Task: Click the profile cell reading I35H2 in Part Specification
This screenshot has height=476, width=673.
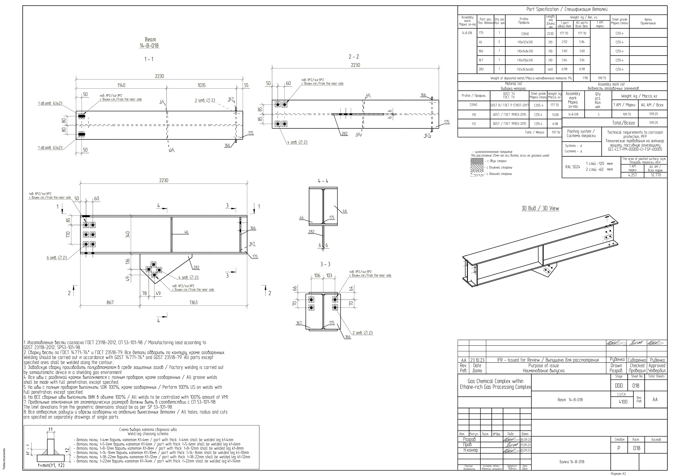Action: click(x=525, y=34)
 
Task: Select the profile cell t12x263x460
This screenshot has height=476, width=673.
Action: click(x=525, y=70)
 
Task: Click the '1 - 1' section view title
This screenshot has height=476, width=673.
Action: click(x=149, y=59)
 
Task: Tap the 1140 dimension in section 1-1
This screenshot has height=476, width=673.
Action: click(x=121, y=85)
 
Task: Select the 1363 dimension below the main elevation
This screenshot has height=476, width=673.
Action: click(x=193, y=302)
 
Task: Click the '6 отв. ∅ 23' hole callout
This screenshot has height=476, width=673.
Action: click(x=57, y=258)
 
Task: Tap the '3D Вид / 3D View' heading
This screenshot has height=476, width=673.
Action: click(x=540, y=209)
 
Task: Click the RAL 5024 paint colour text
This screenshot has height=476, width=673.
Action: click(x=572, y=167)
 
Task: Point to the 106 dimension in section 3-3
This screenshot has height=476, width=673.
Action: click(x=317, y=276)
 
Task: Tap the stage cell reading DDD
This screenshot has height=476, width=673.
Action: click(x=619, y=386)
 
